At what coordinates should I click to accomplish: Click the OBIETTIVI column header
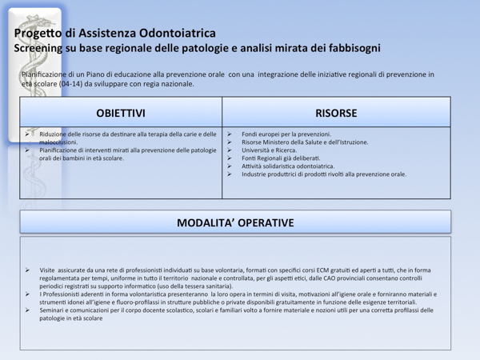pos(121,113)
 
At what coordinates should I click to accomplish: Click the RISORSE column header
pos(336,113)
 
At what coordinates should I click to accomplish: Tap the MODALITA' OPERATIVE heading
pos(235,222)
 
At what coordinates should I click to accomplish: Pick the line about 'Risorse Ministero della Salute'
pos(305,142)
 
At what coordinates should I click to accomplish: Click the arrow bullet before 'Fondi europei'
pos(230,134)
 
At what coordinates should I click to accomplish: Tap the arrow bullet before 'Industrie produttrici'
pos(230,174)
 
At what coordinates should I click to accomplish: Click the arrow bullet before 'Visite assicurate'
pos(28,270)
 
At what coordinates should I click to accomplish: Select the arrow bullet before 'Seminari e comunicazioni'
pos(28,310)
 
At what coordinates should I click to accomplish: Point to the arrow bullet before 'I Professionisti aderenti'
pos(28,294)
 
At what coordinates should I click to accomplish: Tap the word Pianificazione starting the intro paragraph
pos(46,74)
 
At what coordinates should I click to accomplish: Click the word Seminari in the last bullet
pos(52,310)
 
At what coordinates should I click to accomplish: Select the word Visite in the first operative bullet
pos(48,270)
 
